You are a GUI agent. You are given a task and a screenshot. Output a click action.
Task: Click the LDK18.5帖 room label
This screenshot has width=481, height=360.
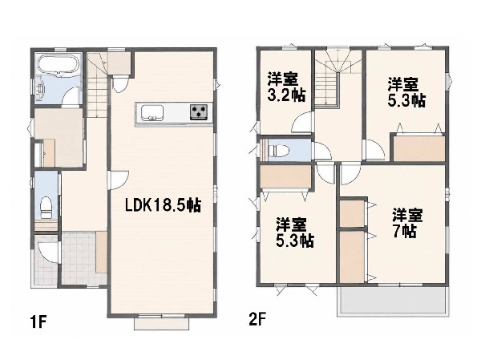163,205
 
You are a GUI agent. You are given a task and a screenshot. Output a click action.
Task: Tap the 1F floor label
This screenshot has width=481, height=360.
38,322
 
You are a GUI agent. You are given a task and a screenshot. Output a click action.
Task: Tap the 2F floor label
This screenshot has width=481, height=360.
257,320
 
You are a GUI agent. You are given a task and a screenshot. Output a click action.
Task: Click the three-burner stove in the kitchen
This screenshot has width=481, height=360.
199,111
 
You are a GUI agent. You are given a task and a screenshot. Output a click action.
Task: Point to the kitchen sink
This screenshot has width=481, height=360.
152,112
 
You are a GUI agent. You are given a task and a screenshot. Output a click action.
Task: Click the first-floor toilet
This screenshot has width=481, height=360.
46,207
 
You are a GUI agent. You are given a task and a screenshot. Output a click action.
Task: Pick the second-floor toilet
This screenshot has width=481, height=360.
278,151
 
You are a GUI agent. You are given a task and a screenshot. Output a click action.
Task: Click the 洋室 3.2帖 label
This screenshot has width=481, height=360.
286,87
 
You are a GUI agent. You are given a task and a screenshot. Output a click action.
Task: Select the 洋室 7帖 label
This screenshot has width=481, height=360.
407,223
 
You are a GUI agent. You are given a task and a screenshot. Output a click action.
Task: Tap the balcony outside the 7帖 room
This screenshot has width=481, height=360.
393,301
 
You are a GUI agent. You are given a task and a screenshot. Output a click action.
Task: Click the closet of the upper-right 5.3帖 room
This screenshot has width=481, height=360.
419,148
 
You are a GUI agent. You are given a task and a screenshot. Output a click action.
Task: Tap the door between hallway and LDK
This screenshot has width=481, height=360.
119,180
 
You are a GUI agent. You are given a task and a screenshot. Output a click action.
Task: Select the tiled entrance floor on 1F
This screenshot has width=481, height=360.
80,258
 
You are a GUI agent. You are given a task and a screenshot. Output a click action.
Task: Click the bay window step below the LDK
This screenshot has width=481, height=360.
162,323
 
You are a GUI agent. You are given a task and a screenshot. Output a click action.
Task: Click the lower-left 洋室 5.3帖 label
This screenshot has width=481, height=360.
294,233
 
